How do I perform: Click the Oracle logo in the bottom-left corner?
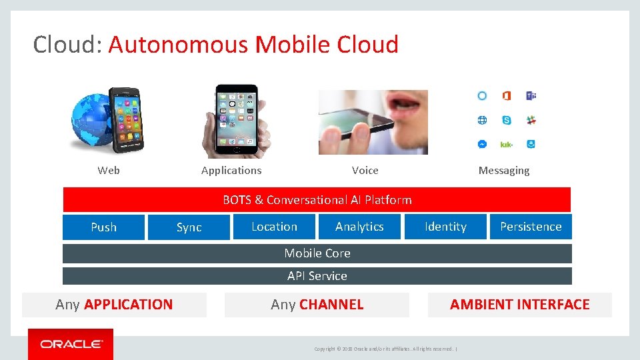71,344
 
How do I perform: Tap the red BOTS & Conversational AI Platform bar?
317,200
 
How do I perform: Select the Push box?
103,227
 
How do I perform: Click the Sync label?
189,227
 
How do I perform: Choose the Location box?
274,227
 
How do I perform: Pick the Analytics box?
359,227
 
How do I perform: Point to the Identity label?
445,227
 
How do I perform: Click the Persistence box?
531,227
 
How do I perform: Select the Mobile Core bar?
317,253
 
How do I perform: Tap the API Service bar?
317,276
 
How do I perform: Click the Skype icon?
507,120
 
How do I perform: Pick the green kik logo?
507,144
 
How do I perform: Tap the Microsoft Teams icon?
531,96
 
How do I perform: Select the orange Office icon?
507,96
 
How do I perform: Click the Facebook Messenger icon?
482,144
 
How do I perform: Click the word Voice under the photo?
365,171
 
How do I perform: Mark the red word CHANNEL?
331,305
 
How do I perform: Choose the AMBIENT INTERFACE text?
519,305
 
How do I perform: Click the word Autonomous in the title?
179,45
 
